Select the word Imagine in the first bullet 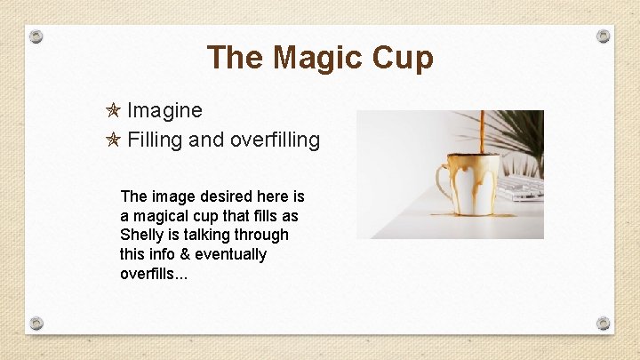click(x=164, y=111)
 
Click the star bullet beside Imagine click(x=112, y=111)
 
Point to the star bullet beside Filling click(x=112, y=140)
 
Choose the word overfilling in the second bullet click(x=275, y=140)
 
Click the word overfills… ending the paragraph click(x=154, y=274)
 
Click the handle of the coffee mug click(x=441, y=183)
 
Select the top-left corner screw click(x=36, y=36)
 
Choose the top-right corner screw click(x=604, y=36)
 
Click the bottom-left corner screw click(x=36, y=323)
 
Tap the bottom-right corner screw click(x=604, y=323)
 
